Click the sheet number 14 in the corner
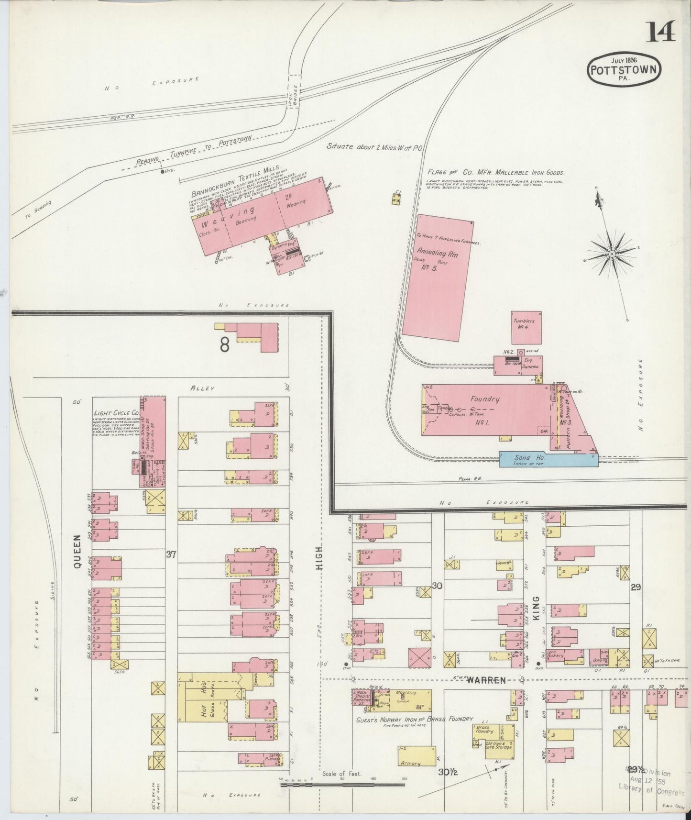tap(661, 33)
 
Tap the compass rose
tap(612, 254)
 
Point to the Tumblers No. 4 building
tap(526, 328)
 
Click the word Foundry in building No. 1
tap(484, 399)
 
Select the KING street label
tap(536, 608)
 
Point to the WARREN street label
tap(486, 680)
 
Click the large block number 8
tap(225, 344)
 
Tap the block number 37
tap(171, 554)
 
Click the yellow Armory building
tap(416, 758)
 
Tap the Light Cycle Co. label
tap(116, 413)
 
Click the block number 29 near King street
tap(636, 587)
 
